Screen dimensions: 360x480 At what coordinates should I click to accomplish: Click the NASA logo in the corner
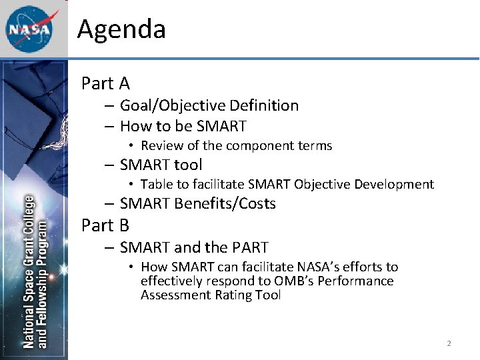point(29,29)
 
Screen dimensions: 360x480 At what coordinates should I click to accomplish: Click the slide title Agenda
point(121,29)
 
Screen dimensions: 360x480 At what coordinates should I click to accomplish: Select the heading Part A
point(105,83)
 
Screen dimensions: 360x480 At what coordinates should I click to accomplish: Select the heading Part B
point(105,225)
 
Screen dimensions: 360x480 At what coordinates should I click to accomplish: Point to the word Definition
point(264,105)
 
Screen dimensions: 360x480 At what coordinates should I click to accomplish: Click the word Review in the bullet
point(161,145)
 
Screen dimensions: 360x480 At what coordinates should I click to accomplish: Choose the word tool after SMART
point(188,165)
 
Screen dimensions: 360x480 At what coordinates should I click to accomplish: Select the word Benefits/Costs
point(225,204)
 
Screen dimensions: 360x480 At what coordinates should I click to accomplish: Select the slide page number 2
point(449,343)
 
